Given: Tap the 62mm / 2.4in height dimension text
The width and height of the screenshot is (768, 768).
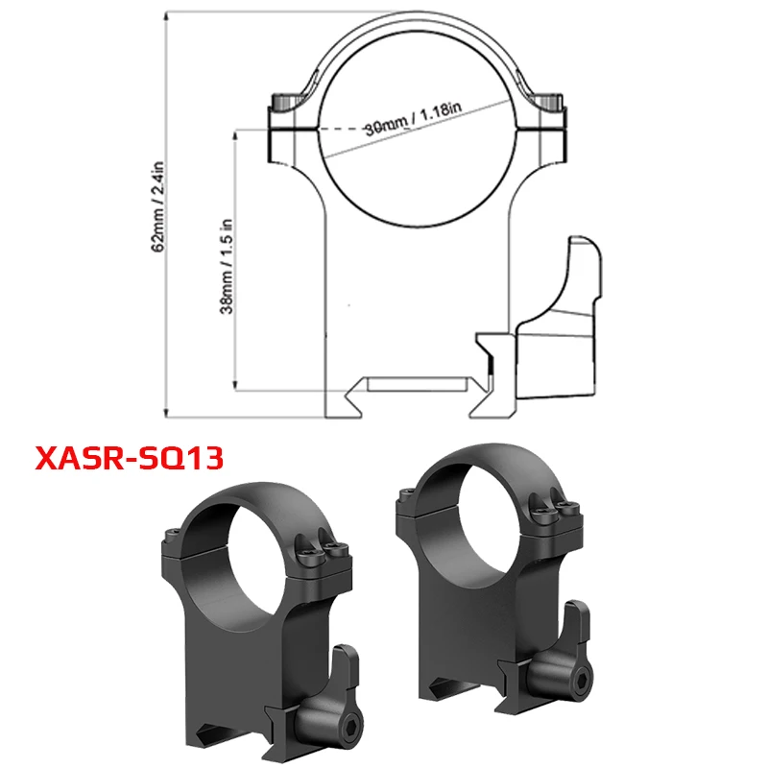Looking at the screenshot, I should point(159,205).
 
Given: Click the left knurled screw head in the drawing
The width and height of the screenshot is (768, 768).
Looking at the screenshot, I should point(284,102).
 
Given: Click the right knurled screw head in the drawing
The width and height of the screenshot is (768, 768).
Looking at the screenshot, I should point(549,102).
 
